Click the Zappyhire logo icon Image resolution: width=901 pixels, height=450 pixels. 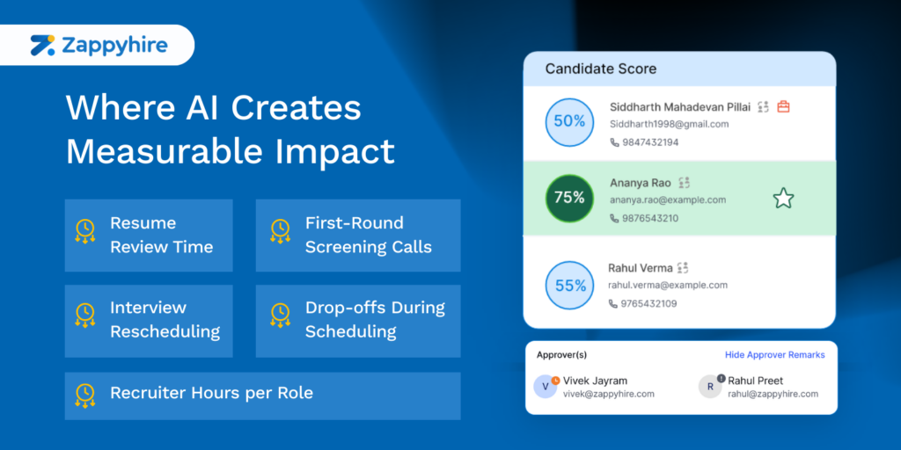tap(43, 45)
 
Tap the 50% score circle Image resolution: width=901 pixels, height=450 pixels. tap(569, 122)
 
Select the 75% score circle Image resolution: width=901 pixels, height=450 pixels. tap(569, 198)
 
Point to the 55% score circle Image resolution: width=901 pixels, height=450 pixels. tap(569, 286)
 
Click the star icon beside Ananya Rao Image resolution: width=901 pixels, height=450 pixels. tap(783, 199)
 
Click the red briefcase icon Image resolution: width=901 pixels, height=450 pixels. tap(783, 106)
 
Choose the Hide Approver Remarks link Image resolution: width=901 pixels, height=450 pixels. tap(774, 355)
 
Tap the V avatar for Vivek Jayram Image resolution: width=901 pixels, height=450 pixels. tap(546, 387)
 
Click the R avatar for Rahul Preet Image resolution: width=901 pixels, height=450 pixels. tap(710, 387)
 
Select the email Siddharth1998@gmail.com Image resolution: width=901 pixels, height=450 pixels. tap(669, 124)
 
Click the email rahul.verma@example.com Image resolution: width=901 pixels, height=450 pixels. tap(668, 285)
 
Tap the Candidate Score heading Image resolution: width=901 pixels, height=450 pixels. tap(600, 69)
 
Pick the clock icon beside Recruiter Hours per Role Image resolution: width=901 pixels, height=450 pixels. tap(85, 396)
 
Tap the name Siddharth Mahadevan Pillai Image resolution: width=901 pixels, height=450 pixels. tap(680, 106)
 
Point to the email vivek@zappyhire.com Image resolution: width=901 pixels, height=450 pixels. tap(609, 394)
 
